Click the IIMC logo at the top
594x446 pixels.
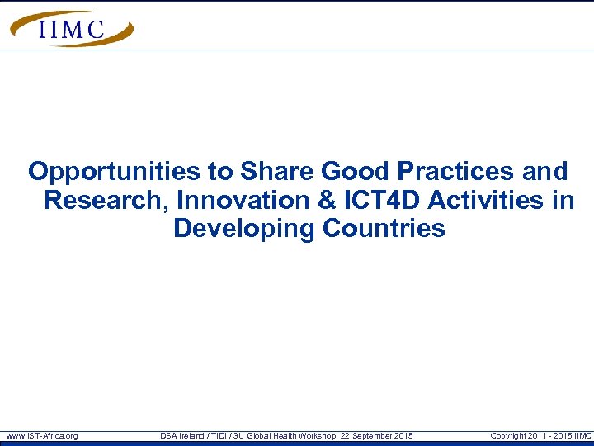[72, 29]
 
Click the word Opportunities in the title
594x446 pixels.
[115, 172]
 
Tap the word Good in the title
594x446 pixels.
[356, 172]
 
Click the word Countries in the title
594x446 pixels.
[384, 228]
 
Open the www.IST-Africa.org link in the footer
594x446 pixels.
[42, 435]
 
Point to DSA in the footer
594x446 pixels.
[168, 435]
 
